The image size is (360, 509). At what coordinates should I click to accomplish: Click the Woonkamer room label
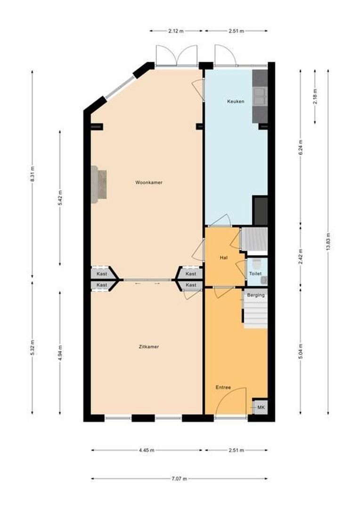pos(149,182)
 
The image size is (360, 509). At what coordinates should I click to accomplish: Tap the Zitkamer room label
pos(149,346)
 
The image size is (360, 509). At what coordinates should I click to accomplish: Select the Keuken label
pos(236,101)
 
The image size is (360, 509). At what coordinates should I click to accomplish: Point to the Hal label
pos(224,258)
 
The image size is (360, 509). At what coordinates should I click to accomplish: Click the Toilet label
pos(255,273)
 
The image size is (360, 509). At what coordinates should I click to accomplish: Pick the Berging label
pos(256,295)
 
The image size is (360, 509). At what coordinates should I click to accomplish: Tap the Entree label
pos(223,387)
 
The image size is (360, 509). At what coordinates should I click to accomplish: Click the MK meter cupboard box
pos(260,407)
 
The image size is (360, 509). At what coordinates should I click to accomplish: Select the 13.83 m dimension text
pos(328,243)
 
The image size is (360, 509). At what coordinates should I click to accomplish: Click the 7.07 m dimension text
pos(179,479)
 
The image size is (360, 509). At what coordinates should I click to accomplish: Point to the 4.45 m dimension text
pos(147,450)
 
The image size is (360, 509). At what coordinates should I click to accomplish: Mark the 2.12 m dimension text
pos(176,31)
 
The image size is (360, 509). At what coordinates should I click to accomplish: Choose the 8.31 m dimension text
pos(32,174)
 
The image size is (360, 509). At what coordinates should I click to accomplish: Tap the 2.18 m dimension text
pos(315,96)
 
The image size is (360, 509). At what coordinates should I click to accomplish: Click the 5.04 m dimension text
pos(301,351)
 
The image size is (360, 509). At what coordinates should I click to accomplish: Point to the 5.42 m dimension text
pos(60,198)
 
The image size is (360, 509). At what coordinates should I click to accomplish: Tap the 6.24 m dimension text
pos(301,147)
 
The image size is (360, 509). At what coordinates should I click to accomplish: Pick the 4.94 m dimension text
pos(60,353)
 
